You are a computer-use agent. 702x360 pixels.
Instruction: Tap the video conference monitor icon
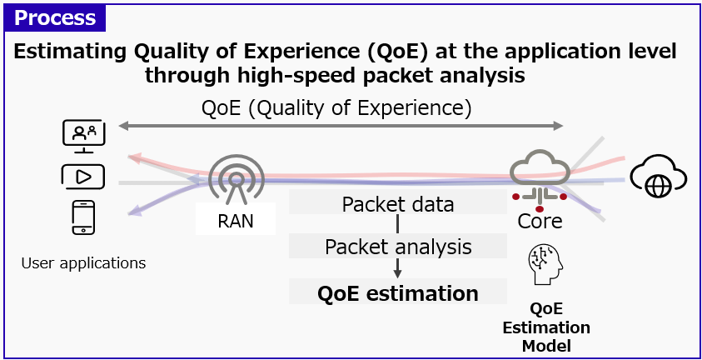[83, 136]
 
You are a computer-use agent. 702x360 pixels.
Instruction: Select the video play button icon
[83, 177]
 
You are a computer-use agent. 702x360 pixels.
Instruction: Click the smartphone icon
[83, 219]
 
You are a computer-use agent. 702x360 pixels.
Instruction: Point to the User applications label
[83, 263]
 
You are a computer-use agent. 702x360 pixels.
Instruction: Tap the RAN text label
[236, 221]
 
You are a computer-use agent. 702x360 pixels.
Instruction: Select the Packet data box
[398, 204]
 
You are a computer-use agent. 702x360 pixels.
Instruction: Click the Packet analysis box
[398, 247]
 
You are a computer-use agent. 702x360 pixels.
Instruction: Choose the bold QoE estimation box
[398, 293]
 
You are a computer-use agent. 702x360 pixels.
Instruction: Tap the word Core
[540, 221]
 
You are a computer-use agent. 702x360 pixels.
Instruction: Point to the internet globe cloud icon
[658, 177]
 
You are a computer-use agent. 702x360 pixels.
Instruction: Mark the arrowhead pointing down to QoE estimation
[398, 272]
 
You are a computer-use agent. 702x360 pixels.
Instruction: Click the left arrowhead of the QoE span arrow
[123, 127]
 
